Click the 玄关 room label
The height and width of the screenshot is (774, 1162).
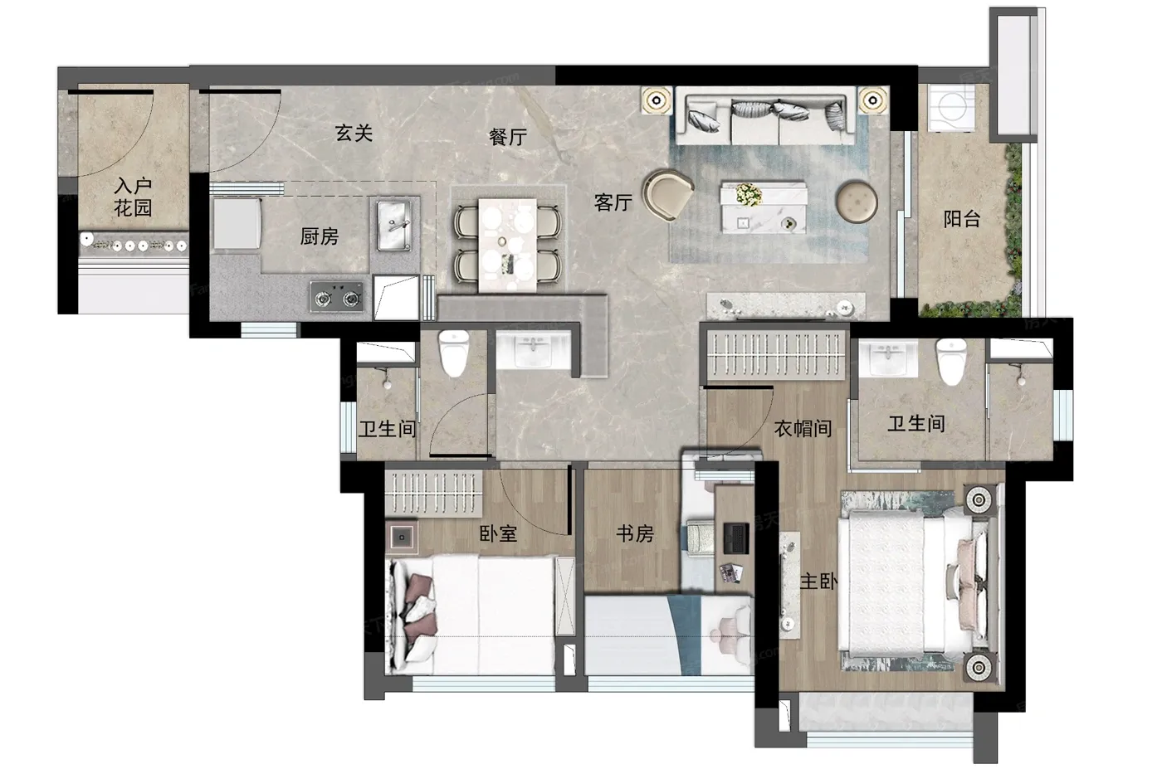[x=354, y=134]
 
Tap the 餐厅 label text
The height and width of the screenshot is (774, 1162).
[x=508, y=137]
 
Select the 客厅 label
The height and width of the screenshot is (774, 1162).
[x=613, y=202]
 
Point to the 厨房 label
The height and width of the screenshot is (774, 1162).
[x=319, y=236]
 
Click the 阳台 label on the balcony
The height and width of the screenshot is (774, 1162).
[x=962, y=219]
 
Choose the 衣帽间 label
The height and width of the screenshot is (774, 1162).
[x=803, y=428]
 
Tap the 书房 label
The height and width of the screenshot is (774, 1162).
[x=635, y=533]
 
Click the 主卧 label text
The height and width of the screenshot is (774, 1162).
[x=818, y=582]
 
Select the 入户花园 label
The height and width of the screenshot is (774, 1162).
[x=133, y=197]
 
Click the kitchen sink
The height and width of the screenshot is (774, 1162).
[x=394, y=225]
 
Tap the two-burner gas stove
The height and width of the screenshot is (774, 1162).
[x=337, y=297]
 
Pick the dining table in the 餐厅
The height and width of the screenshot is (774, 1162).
[x=507, y=244]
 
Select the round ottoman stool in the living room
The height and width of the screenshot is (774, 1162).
[x=857, y=201]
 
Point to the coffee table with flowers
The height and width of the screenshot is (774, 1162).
[x=763, y=207]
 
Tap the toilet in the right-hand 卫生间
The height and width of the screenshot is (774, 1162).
[x=951, y=362]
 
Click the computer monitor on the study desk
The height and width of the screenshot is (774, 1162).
[x=735, y=538]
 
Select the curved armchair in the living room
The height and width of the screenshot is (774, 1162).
[x=667, y=195]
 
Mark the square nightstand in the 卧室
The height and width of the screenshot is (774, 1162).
[x=402, y=537]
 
